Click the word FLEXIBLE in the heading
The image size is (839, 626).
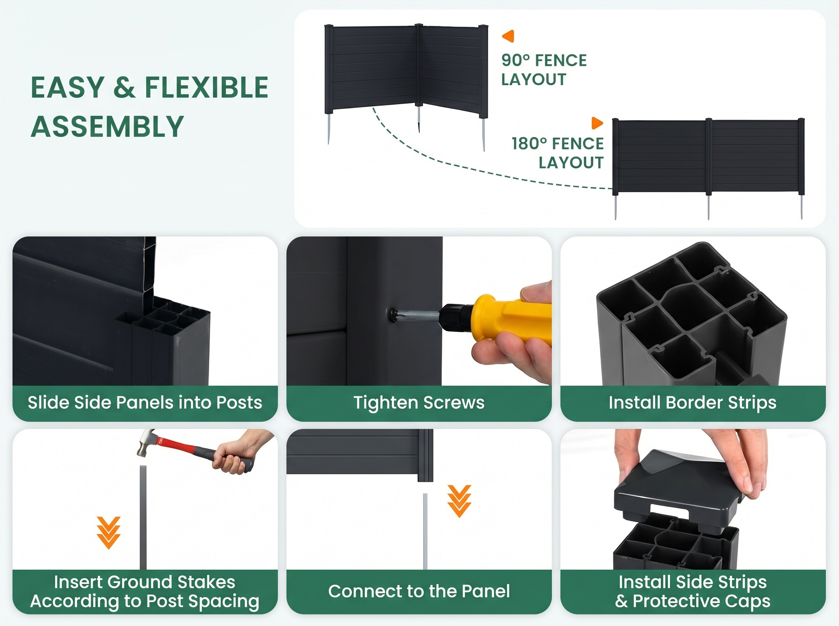click(x=207, y=88)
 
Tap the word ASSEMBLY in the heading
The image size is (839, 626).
click(x=107, y=126)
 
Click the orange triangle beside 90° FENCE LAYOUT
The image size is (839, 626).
click(x=508, y=36)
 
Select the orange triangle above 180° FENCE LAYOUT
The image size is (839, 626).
click(x=597, y=123)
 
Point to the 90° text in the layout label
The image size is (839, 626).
click(x=515, y=60)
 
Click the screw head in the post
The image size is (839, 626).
click(x=394, y=314)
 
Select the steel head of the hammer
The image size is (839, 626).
click(x=145, y=443)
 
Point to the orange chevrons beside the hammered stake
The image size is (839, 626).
click(x=108, y=533)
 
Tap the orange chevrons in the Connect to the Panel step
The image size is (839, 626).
click(x=459, y=501)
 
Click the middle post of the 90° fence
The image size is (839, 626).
click(x=418, y=65)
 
